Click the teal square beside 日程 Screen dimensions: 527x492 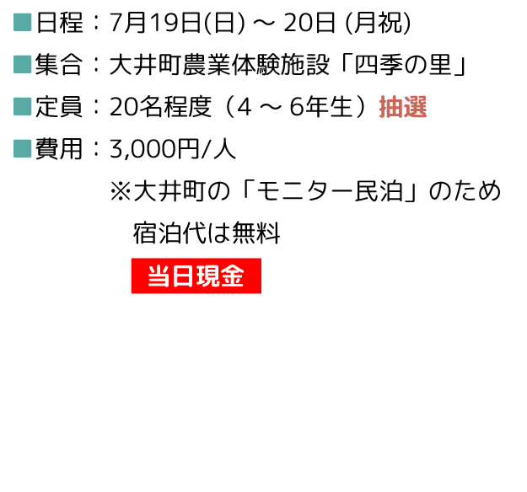(x=23, y=23)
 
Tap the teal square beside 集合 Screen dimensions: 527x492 (x=23, y=65)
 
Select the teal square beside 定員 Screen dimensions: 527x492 (x=23, y=106)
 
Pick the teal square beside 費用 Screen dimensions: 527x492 (x=23, y=149)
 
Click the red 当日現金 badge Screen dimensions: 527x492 (x=196, y=275)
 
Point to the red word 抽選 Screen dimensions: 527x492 (x=403, y=107)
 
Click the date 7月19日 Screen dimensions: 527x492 (x=156, y=23)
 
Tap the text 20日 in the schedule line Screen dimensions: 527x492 (x=309, y=23)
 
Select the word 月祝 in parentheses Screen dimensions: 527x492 (x=378, y=23)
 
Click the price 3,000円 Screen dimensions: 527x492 (x=154, y=149)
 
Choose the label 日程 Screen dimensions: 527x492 (x=60, y=23)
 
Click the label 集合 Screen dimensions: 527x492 (x=59, y=65)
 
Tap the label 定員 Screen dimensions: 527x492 (x=59, y=107)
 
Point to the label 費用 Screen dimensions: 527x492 (x=59, y=149)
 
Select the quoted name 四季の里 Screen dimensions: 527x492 (x=403, y=65)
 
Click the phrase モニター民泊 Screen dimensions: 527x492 (x=330, y=191)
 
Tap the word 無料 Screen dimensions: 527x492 (x=256, y=233)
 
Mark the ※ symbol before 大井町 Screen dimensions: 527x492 (x=121, y=191)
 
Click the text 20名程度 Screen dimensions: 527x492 (x=161, y=107)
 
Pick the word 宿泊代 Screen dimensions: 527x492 (x=169, y=233)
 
